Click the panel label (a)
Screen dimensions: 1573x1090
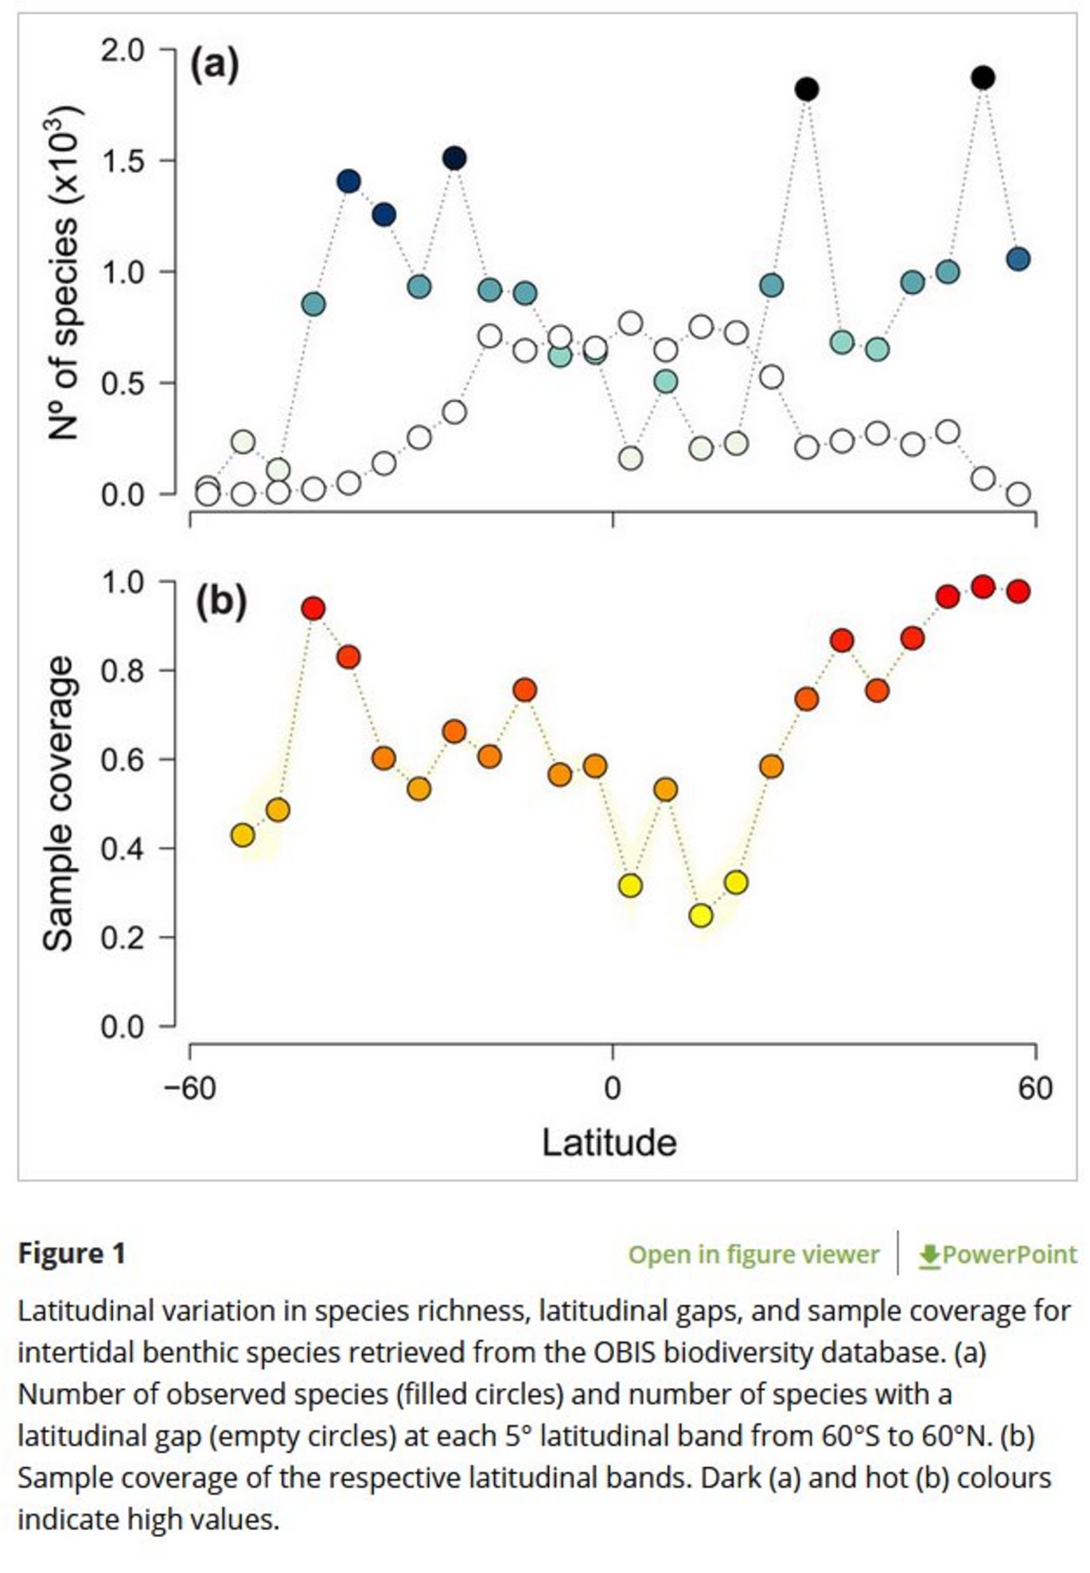click(x=214, y=64)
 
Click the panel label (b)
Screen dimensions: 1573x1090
click(x=220, y=602)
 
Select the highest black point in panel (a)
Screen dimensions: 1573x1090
click(x=983, y=77)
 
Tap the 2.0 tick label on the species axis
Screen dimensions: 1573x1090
click(x=123, y=50)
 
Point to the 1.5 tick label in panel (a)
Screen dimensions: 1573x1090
click(x=123, y=161)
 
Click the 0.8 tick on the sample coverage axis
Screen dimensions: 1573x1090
click(x=123, y=670)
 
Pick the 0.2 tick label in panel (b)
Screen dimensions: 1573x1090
click(x=123, y=937)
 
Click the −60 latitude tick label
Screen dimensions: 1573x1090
click(x=189, y=1087)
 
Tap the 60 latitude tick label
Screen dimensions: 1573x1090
click(x=1035, y=1087)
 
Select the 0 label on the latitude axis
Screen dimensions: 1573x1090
click(x=612, y=1087)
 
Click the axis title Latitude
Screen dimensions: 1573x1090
click(x=609, y=1142)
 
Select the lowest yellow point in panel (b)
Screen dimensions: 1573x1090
click(x=701, y=915)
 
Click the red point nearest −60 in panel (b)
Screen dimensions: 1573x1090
click(x=313, y=609)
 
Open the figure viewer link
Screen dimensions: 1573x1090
click(x=753, y=1255)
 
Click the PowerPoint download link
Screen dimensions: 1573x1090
click(x=998, y=1255)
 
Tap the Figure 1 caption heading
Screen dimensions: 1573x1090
click(x=72, y=1254)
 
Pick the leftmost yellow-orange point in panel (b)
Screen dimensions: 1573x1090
click(x=243, y=835)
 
